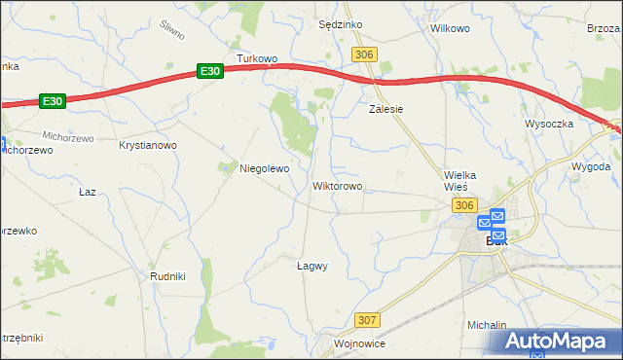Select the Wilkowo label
point(450,28)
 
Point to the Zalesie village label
point(385,110)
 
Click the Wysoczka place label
point(549,125)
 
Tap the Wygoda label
point(591,166)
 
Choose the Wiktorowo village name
point(337,185)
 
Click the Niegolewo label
point(265,168)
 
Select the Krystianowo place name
point(147,145)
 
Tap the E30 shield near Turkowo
point(210,71)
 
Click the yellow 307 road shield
point(366,320)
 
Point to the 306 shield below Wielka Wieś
point(463,204)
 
